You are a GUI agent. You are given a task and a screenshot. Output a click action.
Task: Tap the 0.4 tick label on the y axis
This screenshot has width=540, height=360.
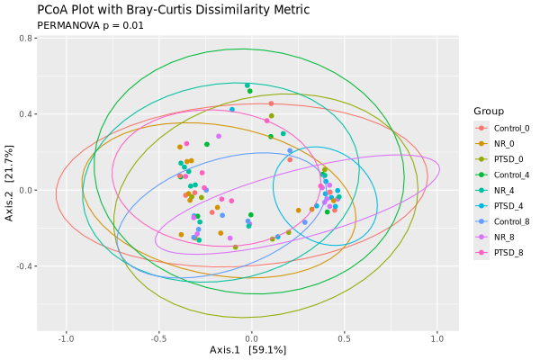click(24, 114)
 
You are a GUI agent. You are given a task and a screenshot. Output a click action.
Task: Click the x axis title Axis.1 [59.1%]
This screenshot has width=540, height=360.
click(247, 349)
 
